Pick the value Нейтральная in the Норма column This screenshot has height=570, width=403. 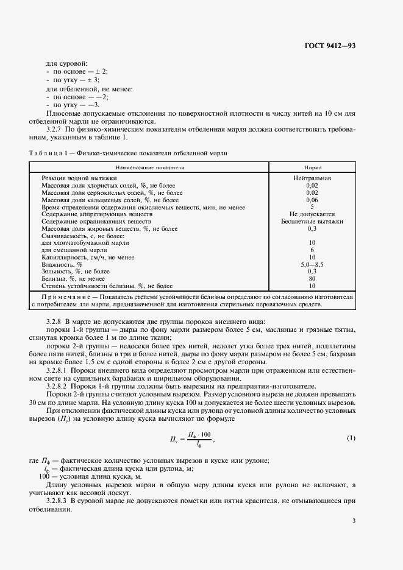(x=312, y=178)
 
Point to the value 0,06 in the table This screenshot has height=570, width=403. (x=312, y=200)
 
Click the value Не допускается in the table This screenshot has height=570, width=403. (x=312, y=214)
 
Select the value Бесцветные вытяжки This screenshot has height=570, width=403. (x=312, y=222)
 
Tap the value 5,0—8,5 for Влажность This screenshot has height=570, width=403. (x=312, y=265)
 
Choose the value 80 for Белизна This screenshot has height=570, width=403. (x=312, y=279)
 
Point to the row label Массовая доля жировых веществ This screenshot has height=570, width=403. (x=109, y=229)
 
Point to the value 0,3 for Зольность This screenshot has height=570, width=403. (x=312, y=272)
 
